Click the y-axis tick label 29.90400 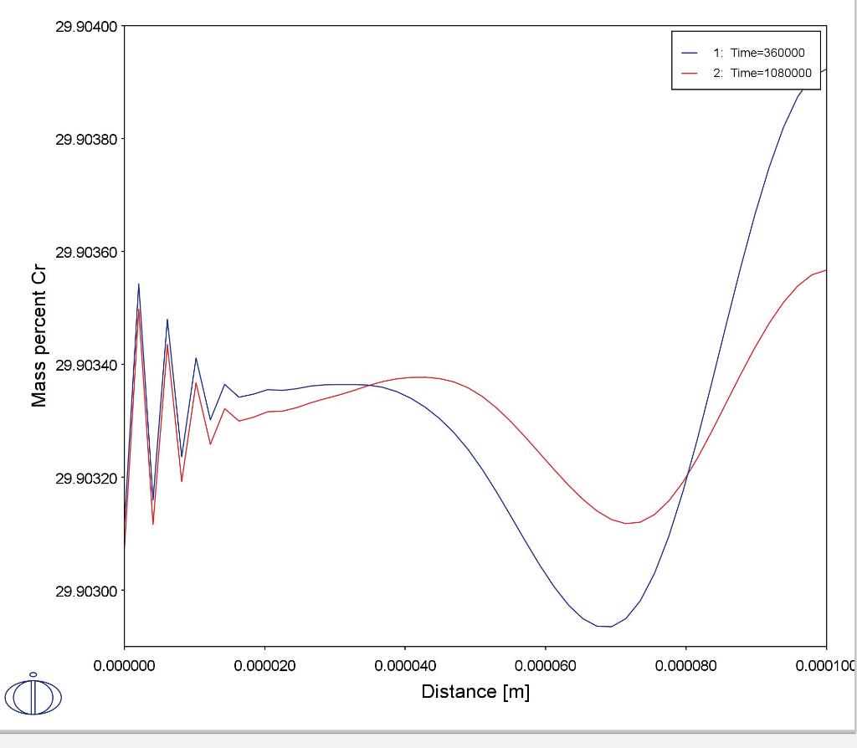tap(86, 26)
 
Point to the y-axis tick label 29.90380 tap(86, 139)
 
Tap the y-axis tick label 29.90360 tap(86, 252)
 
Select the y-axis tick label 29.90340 tap(86, 365)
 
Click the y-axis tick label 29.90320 tap(86, 478)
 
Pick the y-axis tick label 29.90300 tap(86, 591)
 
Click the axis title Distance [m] tap(475, 692)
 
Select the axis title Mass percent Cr tap(39, 338)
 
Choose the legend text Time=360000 tap(767, 53)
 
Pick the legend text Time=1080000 tap(770, 73)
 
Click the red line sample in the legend tap(690, 73)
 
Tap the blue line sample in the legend tap(690, 53)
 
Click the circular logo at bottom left tap(33, 695)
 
